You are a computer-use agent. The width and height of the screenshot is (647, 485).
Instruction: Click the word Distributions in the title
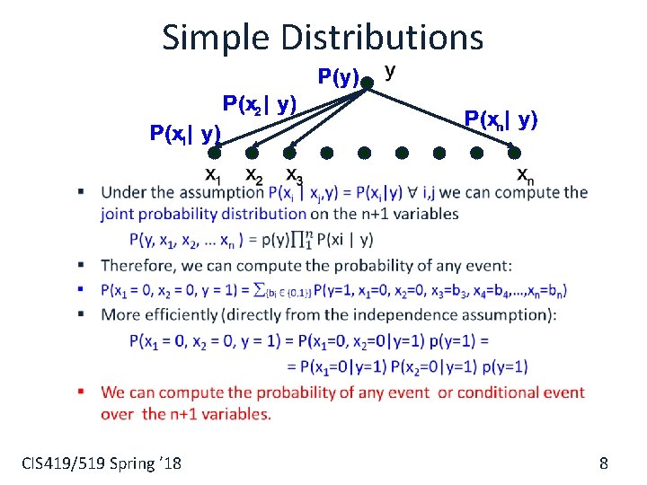tap(383, 37)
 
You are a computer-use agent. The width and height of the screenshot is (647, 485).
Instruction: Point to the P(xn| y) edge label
tap(501, 118)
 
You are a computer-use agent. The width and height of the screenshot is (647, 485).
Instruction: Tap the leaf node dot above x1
tap(216, 153)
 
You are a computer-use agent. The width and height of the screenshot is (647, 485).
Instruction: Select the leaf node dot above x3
tap(291, 153)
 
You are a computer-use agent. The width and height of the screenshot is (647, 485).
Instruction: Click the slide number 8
tap(604, 463)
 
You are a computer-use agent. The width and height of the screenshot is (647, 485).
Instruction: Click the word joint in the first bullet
tap(120, 214)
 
